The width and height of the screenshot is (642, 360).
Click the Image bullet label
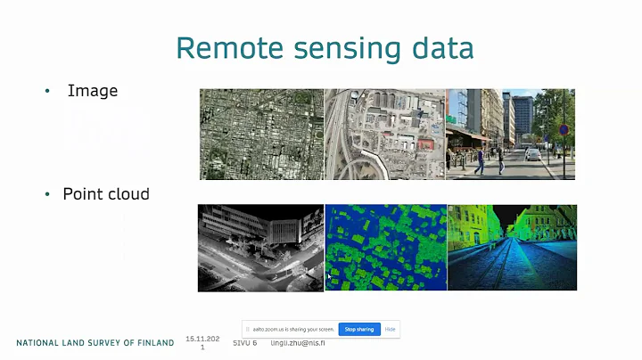click(93, 91)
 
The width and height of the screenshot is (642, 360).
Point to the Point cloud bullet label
click(106, 193)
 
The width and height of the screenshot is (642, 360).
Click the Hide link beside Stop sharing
click(391, 329)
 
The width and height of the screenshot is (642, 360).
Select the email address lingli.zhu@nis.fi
click(299, 343)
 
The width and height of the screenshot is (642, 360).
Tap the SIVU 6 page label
click(244, 343)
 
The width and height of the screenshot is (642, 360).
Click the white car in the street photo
click(532, 154)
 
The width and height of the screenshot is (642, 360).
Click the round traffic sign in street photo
click(563, 129)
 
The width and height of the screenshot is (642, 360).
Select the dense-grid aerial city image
click(260, 134)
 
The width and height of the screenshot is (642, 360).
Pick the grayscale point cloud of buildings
click(259, 247)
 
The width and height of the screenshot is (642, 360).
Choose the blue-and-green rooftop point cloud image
click(384, 247)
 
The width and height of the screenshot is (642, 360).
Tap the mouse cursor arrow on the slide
click(329, 278)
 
